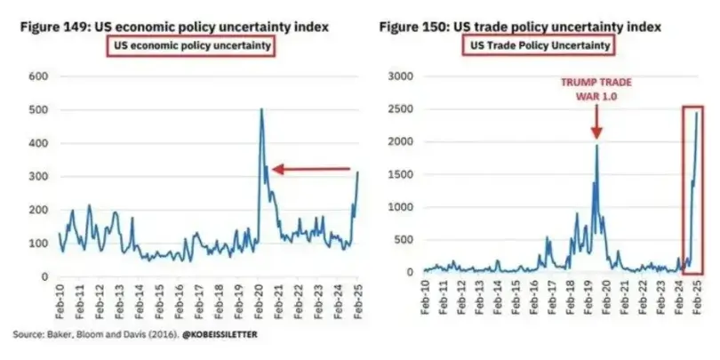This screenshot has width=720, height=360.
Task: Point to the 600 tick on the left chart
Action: click(38, 76)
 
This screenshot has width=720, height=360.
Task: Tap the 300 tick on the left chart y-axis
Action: click(38, 176)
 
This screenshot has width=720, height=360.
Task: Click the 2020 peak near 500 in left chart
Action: click(261, 109)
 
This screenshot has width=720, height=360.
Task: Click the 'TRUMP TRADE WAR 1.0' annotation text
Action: click(596, 89)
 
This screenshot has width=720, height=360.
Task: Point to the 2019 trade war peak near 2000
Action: click(596, 145)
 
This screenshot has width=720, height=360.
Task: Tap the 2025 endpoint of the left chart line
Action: click(357, 172)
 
